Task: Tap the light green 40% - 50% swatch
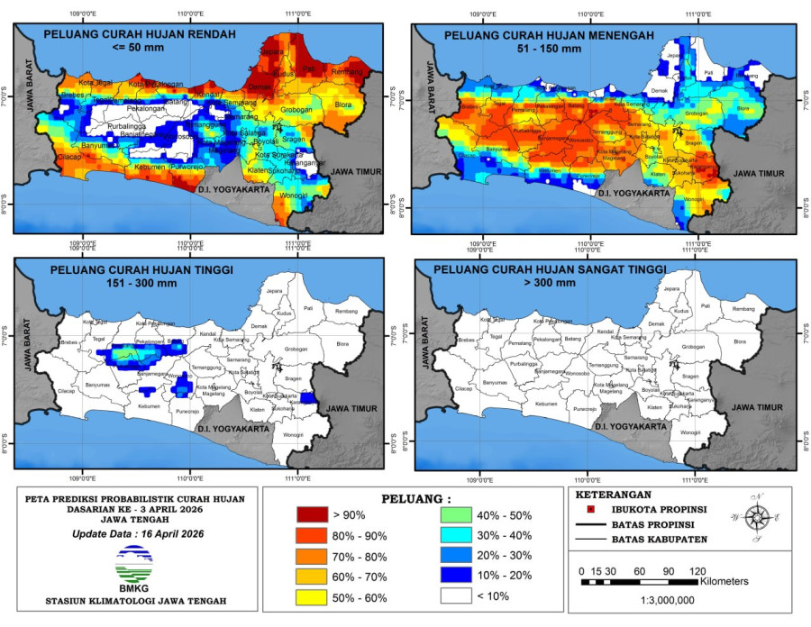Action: click(458, 514)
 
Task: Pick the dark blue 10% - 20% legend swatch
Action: click(458, 576)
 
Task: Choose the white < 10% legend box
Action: click(458, 596)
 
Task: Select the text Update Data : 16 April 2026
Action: click(134, 534)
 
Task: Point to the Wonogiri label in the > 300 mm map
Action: click(690, 432)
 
